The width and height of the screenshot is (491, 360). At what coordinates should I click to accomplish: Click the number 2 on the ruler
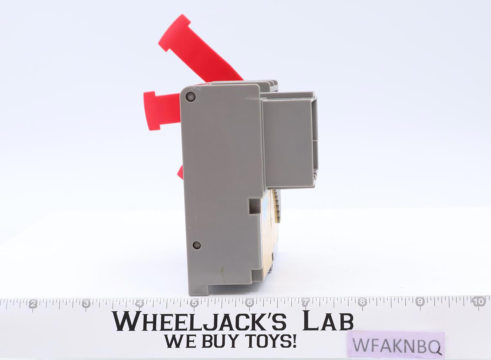[33, 304]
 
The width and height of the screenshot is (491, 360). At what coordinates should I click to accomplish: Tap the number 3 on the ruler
[86, 304]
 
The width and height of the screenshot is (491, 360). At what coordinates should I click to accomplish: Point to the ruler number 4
[140, 304]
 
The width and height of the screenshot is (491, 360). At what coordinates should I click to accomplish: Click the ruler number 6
[250, 303]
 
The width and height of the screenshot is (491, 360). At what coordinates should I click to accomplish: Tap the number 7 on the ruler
[306, 303]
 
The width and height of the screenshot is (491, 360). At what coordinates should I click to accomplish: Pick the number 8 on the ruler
[363, 302]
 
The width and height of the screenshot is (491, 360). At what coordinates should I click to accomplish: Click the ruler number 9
[420, 301]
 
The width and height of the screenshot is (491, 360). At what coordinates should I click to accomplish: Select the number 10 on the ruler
[479, 302]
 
